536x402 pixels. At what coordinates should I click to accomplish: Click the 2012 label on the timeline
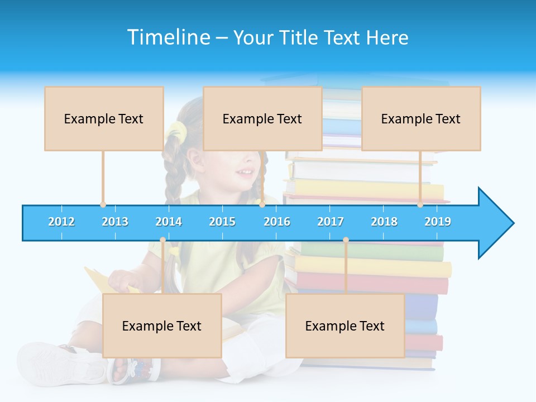(x=61, y=222)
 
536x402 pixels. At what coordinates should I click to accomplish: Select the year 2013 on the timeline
(x=115, y=222)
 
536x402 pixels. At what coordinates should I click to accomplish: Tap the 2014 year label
(x=169, y=222)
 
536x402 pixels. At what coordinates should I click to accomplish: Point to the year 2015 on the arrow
(x=222, y=222)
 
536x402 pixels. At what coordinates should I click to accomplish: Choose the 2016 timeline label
(x=277, y=222)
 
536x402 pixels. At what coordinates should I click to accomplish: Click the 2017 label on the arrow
(x=331, y=222)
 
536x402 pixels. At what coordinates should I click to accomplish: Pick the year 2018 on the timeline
(x=384, y=222)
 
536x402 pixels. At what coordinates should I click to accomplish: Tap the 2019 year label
(x=438, y=222)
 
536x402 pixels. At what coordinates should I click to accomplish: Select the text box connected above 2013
(x=104, y=118)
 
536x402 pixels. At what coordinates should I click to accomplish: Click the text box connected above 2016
(x=262, y=118)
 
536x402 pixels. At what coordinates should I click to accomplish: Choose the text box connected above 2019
(x=421, y=118)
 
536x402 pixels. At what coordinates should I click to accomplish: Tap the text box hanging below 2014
(x=162, y=326)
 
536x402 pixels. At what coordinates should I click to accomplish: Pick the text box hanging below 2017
(x=345, y=326)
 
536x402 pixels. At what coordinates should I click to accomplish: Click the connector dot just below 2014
(x=162, y=240)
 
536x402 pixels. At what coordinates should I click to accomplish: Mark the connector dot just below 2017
(x=346, y=240)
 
